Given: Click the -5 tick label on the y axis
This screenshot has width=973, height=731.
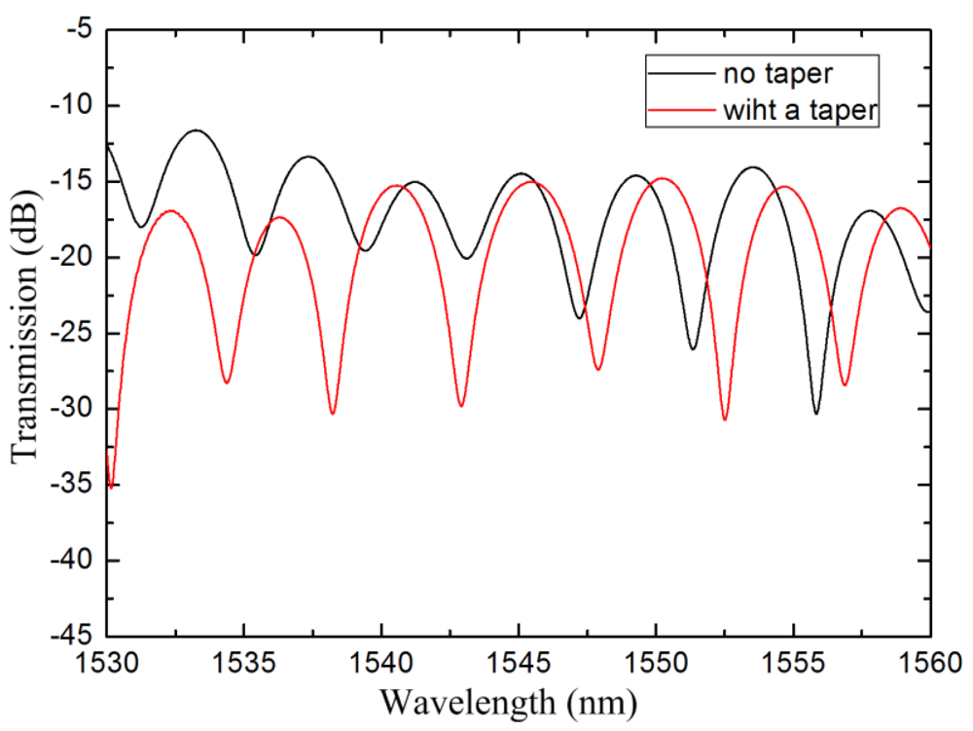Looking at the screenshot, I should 78,29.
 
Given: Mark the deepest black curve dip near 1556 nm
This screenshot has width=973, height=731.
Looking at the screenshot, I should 815,413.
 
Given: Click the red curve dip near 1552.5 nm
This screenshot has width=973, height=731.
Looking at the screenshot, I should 725,419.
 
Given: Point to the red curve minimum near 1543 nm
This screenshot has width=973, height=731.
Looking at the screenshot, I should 460,405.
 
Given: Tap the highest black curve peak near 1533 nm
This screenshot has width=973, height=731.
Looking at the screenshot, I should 197,129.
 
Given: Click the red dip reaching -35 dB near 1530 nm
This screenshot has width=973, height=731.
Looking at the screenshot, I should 111,486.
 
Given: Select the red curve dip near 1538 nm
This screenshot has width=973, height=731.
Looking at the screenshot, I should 332,413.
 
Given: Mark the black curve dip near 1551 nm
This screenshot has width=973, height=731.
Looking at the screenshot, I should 693,348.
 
